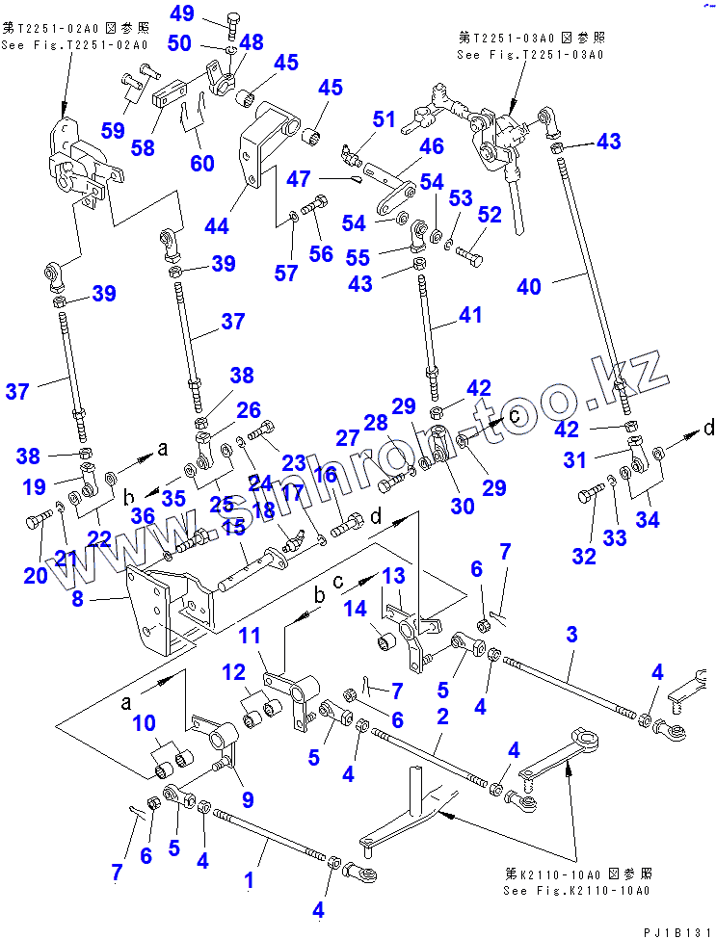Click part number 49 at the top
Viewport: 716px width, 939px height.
click(x=182, y=13)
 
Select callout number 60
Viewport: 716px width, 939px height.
click(x=202, y=163)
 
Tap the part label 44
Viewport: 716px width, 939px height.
click(x=216, y=226)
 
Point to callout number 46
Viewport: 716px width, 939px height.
click(x=431, y=147)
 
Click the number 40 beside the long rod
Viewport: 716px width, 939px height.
click(x=529, y=286)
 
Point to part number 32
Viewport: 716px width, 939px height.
click(x=584, y=557)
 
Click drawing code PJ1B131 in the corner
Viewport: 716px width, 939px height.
click(x=673, y=928)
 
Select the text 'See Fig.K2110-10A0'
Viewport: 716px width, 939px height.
click(x=576, y=891)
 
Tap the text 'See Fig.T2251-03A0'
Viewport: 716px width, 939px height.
click(x=530, y=54)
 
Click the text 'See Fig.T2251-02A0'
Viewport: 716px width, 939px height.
click(x=73, y=44)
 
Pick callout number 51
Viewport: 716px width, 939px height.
click(x=385, y=119)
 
